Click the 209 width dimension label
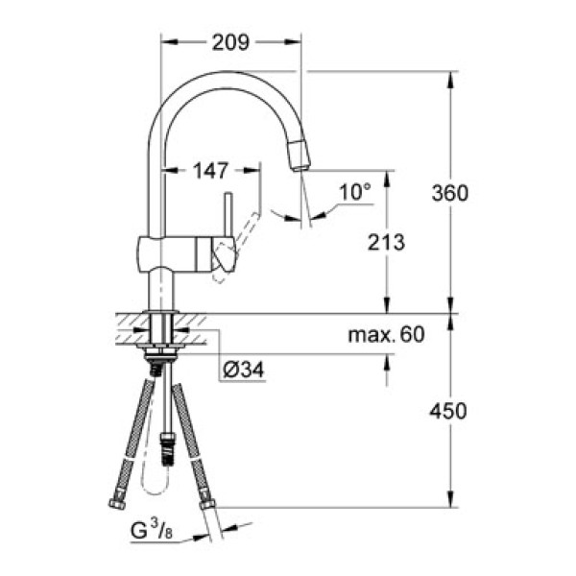[230, 42]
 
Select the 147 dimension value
[210, 172]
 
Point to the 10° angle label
[354, 193]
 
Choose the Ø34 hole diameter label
[243, 369]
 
